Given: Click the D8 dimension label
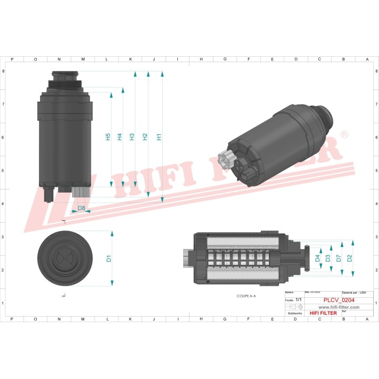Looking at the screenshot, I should click(81, 208).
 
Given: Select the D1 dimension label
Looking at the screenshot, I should click(109, 258).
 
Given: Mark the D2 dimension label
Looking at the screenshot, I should click(350, 258).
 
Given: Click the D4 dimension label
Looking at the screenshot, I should click(317, 258).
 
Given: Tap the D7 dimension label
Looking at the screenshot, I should click(338, 258).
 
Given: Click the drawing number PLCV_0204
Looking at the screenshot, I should click(338, 300).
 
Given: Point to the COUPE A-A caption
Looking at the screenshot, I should click(246, 296).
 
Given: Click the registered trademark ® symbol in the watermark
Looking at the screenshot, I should click(344, 135).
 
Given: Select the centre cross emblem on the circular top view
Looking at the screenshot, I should click(63, 258).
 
